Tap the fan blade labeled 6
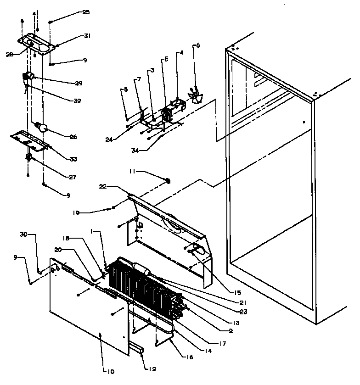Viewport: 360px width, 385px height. click(194, 96)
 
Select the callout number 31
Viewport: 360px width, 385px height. click(87, 36)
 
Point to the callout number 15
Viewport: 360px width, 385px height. click(237, 292)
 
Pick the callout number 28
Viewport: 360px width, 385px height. click(10, 54)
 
